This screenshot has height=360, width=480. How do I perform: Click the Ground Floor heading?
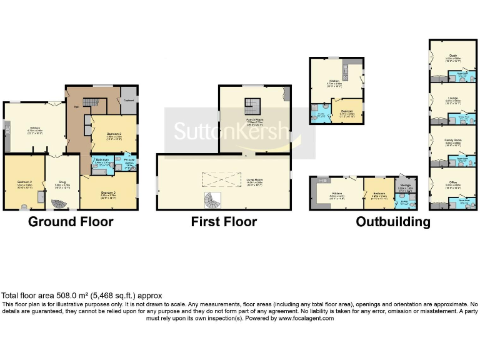point(71,221)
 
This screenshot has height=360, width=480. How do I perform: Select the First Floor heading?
point(224,221)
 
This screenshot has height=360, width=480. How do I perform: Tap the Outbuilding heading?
point(392,221)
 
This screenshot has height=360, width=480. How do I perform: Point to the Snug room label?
point(61,184)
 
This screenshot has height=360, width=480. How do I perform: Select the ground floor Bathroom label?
point(102,161)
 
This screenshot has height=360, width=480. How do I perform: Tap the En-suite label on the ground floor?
point(129,161)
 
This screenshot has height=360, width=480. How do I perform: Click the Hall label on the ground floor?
point(76,107)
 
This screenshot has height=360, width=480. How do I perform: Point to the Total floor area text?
point(82,296)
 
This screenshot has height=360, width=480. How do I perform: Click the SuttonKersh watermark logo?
point(232,131)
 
